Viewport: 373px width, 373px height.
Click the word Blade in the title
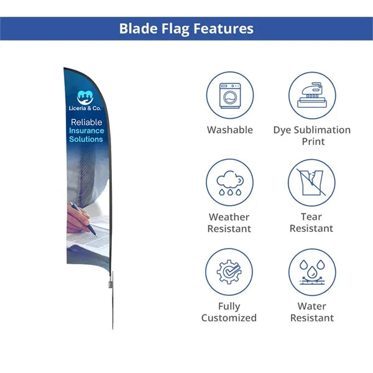click(139, 29)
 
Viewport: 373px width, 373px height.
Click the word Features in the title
click(223, 29)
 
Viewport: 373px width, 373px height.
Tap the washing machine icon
click(230, 96)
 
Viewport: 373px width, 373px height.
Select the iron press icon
click(312, 95)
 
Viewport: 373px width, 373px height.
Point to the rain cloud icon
click(230, 183)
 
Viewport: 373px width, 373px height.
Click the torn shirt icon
click(311, 182)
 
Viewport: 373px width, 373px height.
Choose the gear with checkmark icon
click(229, 272)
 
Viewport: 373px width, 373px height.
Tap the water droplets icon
click(312, 272)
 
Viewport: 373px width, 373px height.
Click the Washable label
click(230, 130)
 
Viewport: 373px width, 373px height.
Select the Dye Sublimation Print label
click(312, 136)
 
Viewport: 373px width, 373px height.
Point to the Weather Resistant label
click(229, 223)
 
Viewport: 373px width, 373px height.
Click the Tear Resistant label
click(311, 223)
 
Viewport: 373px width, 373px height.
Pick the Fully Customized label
click(229, 312)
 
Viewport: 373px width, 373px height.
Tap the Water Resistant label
click(312, 312)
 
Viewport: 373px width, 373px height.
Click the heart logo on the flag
click(85, 98)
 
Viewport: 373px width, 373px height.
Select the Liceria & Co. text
click(85, 108)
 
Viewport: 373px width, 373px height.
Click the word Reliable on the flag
click(86, 122)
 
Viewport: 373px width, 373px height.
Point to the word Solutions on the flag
click(86, 139)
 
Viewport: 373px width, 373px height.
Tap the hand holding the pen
click(79, 218)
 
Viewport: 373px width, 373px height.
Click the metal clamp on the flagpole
click(111, 285)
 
